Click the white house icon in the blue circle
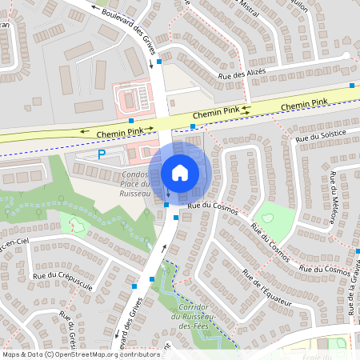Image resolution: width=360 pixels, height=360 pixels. [x=180, y=172]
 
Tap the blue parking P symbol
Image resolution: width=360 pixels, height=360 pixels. [x=102, y=154]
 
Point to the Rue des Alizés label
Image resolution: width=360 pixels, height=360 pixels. [x=242, y=74]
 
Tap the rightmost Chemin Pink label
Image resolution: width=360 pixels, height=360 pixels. [x=305, y=104]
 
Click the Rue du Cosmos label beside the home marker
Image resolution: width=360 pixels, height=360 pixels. [x=209, y=205]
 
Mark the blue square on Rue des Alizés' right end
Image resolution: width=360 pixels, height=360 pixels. [x=352, y=85]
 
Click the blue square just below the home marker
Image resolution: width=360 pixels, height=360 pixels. [x=166, y=206]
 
